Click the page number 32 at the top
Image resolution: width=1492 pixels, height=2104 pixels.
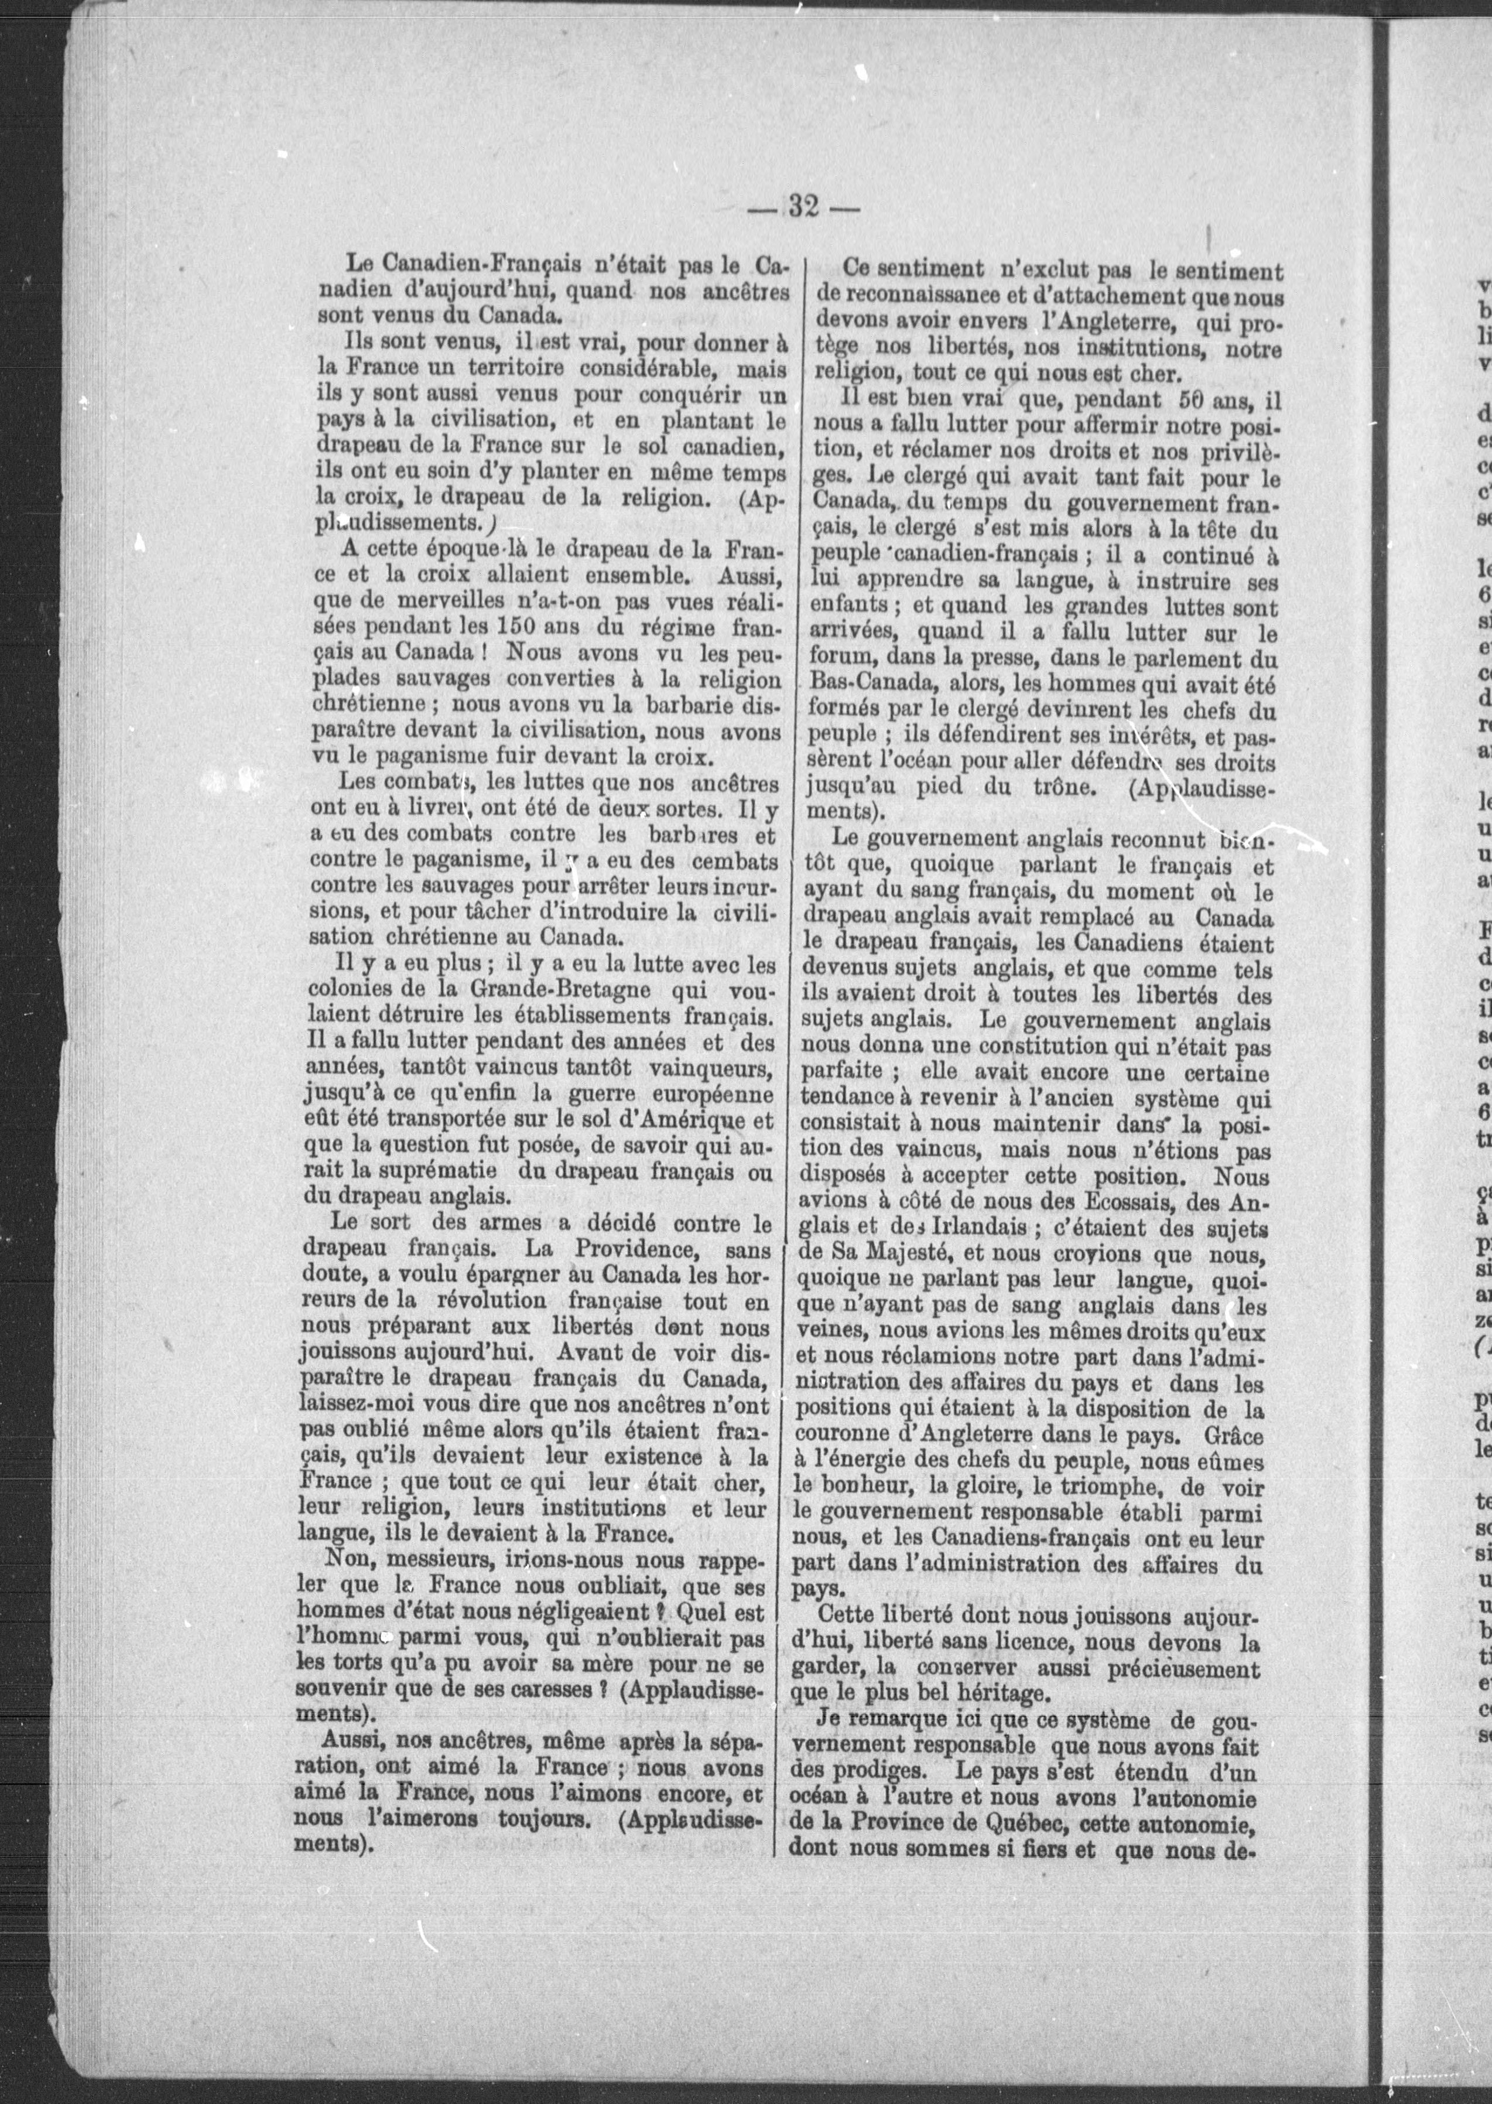[803, 207]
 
